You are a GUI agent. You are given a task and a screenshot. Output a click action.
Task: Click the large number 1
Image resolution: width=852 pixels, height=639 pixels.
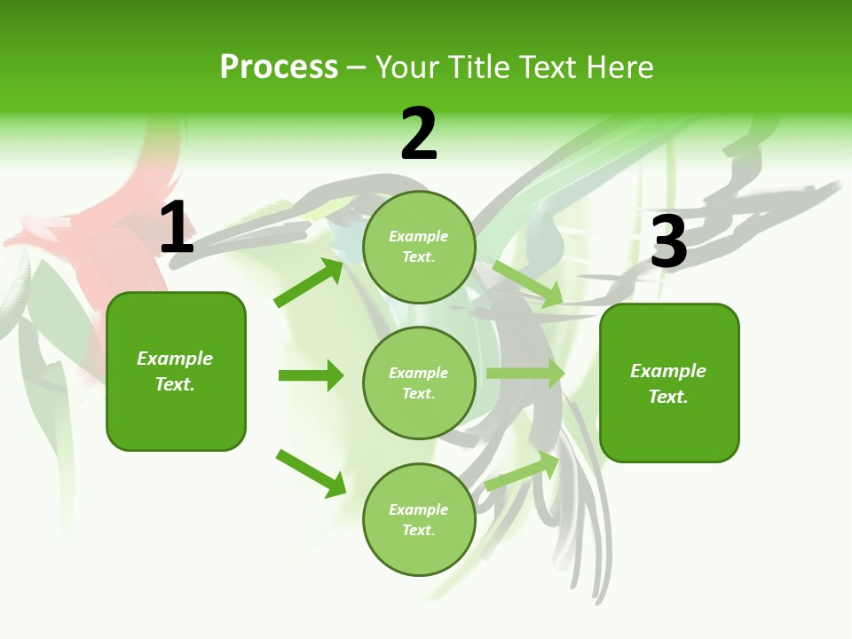click(x=177, y=227)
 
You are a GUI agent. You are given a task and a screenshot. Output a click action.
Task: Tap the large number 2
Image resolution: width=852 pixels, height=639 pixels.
click(x=419, y=134)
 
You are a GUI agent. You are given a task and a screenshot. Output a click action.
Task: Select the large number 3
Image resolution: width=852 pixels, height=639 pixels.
click(x=668, y=241)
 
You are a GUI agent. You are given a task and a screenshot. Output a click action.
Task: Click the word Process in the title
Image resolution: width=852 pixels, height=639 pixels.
click(x=279, y=67)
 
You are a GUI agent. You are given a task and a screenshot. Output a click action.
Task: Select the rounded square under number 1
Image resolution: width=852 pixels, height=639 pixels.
click(x=176, y=371)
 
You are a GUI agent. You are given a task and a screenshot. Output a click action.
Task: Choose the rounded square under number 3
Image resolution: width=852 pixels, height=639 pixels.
click(x=669, y=383)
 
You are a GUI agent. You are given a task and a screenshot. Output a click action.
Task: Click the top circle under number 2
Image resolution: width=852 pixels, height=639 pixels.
click(x=419, y=247)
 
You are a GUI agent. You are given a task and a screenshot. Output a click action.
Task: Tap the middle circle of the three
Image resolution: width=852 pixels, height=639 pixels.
click(x=419, y=383)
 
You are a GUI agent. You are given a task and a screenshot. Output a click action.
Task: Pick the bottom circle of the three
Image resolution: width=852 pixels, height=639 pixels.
click(x=419, y=519)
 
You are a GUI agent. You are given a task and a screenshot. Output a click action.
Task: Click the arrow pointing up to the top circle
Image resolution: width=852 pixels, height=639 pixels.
click(x=309, y=282)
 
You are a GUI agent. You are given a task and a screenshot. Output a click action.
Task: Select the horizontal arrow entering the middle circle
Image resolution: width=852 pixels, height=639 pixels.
click(x=311, y=375)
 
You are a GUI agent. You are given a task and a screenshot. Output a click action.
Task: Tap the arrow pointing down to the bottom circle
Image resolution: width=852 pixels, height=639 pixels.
click(x=311, y=473)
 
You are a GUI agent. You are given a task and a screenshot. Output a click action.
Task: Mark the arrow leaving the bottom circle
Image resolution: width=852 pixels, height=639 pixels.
click(x=523, y=470)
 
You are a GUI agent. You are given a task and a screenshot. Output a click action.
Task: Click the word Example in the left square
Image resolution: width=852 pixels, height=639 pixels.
click(x=175, y=359)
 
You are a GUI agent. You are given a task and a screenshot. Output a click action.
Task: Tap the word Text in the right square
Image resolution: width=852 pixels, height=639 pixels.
click(x=667, y=397)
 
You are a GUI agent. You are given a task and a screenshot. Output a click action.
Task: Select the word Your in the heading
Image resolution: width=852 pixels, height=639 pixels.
click(x=405, y=67)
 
